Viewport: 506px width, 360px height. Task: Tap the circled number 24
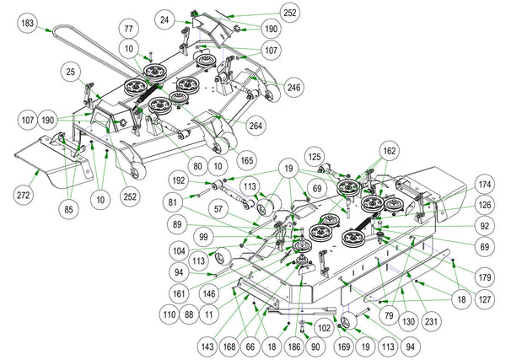(x=164, y=19)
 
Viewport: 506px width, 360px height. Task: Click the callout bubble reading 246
(x=293, y=87)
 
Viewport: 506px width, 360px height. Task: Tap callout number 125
(x=314, y=156)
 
